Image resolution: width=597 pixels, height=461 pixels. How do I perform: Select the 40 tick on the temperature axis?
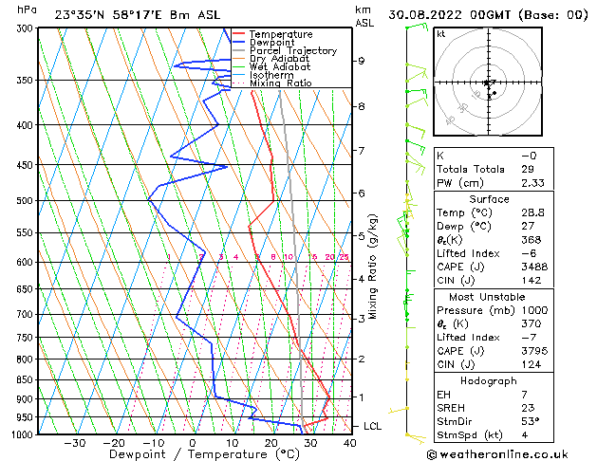tap(349, 443)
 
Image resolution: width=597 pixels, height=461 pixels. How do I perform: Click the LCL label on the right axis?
tap(372, 427)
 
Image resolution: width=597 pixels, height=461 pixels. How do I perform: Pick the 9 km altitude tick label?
tap(362, 62)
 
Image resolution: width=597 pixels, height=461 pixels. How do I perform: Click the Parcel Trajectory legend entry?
tap(292, 50)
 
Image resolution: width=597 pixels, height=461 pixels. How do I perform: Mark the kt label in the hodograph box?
tap(441, 34)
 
